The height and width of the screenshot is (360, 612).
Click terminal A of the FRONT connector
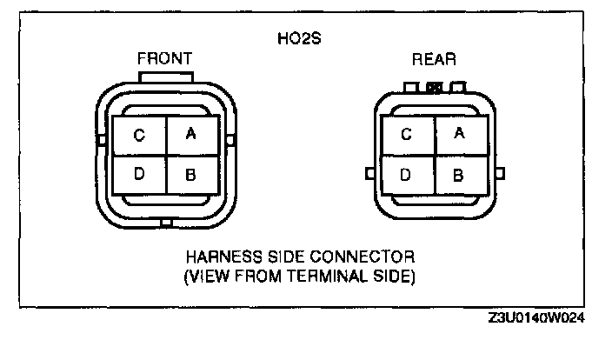point(191,135)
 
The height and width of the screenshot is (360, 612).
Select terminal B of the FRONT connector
point(191,174)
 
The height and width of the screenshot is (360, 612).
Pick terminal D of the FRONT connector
point(139,174)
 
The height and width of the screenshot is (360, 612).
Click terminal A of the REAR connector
point(460,134)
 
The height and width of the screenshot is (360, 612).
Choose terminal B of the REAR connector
point(460,174)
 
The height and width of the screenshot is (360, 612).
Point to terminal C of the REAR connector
point(407,134)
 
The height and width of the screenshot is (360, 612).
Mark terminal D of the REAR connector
point(407,174)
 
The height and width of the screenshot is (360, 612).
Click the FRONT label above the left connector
point(164,59)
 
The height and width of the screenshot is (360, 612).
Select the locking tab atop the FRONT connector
point(165,78)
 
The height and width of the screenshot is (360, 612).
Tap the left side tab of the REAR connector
point(370,174)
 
